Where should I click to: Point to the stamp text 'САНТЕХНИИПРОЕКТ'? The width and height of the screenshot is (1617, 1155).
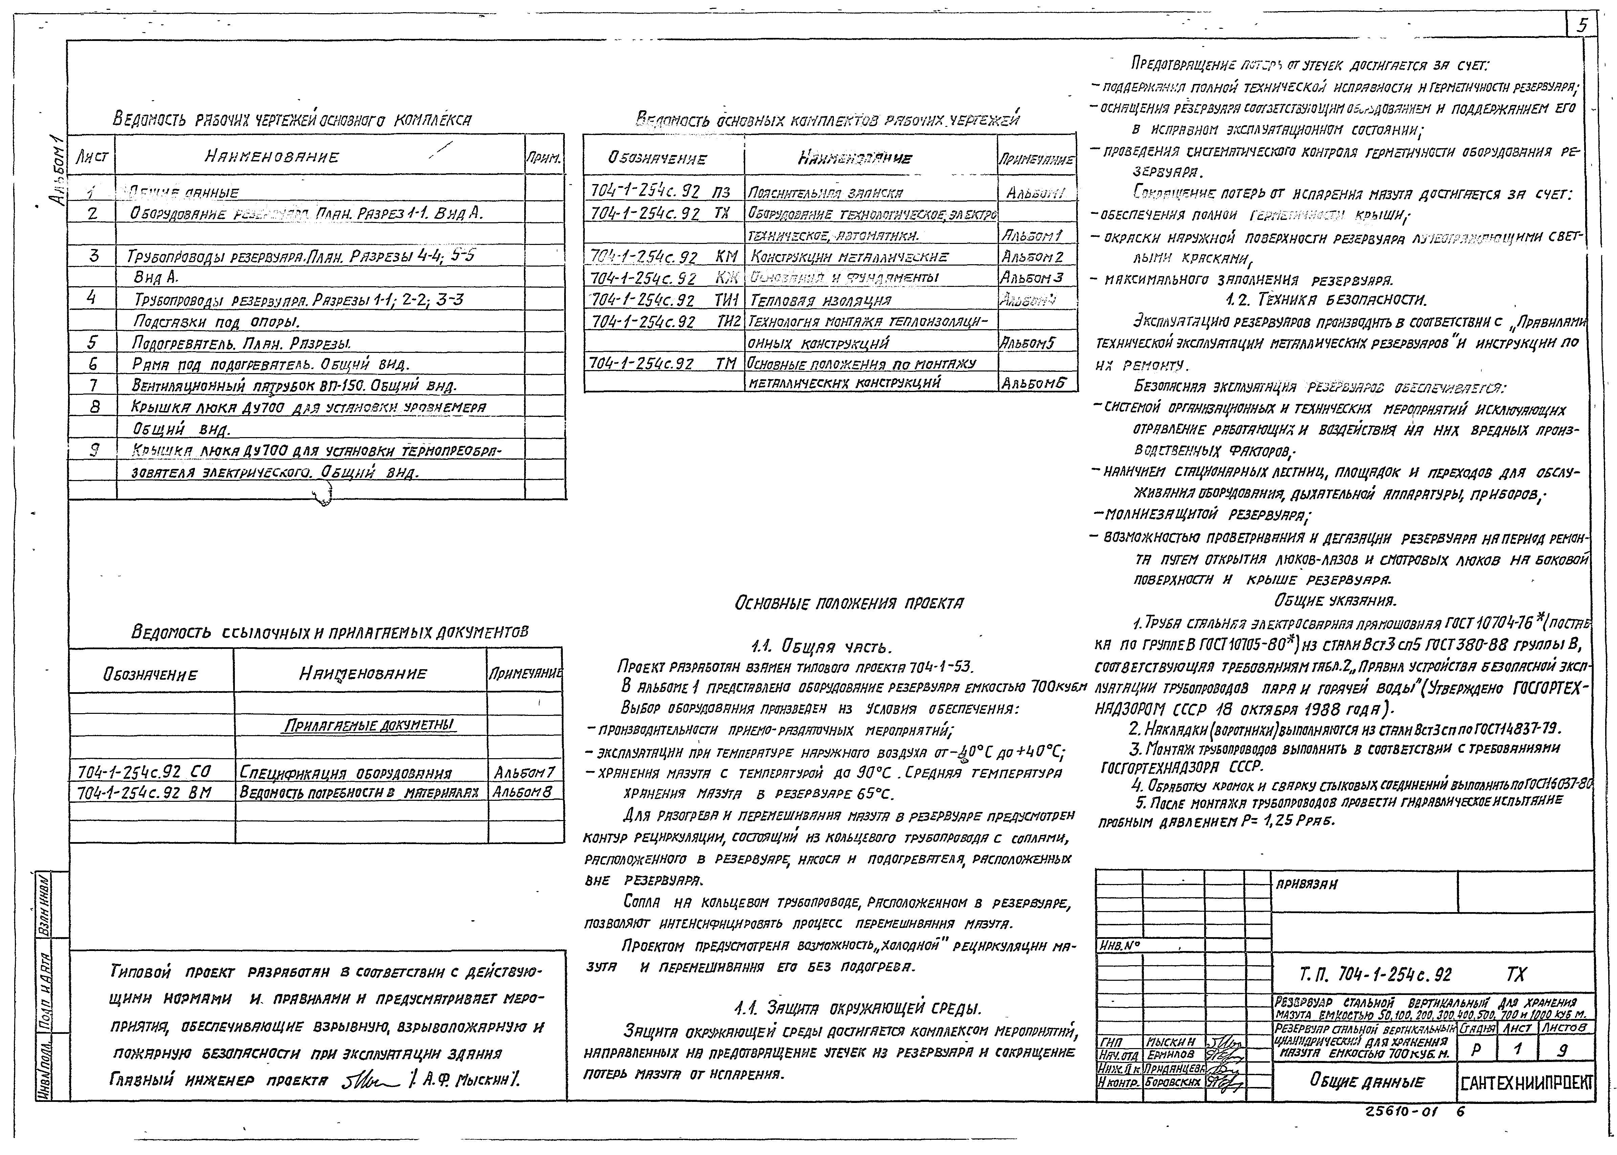coord(1526,1083)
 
